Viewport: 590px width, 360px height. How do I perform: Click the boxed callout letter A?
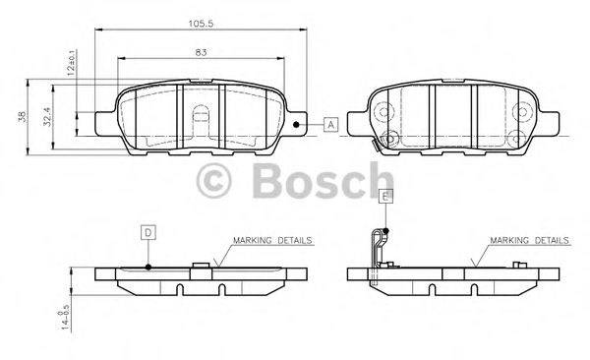pyautogui.click(x=331, y=124)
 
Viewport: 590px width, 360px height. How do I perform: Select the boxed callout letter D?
pyautogui.click(x=147, y=232)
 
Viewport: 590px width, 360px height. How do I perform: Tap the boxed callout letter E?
pyautogui.click(x=385, y=198)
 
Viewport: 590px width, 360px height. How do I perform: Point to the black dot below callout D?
pyautogui.click(x=147, y=267)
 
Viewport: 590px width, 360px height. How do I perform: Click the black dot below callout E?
pyautogui.click(x=385, y=232)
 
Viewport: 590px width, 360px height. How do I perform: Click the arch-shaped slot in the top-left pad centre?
pyautogui.click(x=201, y=116)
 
